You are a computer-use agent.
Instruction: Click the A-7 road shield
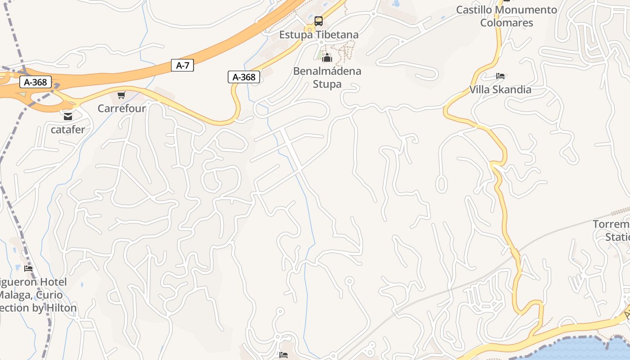coord(182,65)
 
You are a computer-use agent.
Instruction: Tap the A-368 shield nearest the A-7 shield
coord(244,77)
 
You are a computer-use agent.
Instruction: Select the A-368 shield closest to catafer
coord(36,82)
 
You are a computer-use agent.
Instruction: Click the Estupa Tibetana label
coord(319,35)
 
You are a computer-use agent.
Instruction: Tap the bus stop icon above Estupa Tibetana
coord(319,21)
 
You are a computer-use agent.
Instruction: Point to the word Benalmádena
coord(327,71)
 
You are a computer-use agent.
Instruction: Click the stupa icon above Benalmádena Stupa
coord(327,58)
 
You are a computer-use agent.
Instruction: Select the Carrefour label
coord(121,108)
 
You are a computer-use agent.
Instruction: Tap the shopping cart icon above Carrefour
coord(121,95)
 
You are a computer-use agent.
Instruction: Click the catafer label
coord(68,130)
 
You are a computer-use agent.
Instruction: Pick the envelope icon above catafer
coord(67,117)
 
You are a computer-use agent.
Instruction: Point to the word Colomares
coord(506,22)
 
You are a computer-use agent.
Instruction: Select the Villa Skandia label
coord(500,89)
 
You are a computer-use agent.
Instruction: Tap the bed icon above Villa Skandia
coord(500,76)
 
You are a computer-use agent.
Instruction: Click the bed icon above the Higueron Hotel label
coord(28,269)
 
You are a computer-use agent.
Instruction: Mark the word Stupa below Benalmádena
coord(327,84)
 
